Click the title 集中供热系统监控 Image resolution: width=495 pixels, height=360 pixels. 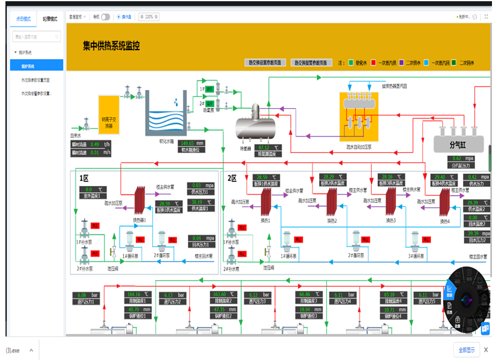111,46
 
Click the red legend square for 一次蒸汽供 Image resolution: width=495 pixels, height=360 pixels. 374,62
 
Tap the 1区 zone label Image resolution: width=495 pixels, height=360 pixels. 84,178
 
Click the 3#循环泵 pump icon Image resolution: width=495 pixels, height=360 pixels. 417,241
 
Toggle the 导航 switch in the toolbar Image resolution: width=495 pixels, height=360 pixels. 105,17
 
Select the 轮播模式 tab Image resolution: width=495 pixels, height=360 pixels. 50,19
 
